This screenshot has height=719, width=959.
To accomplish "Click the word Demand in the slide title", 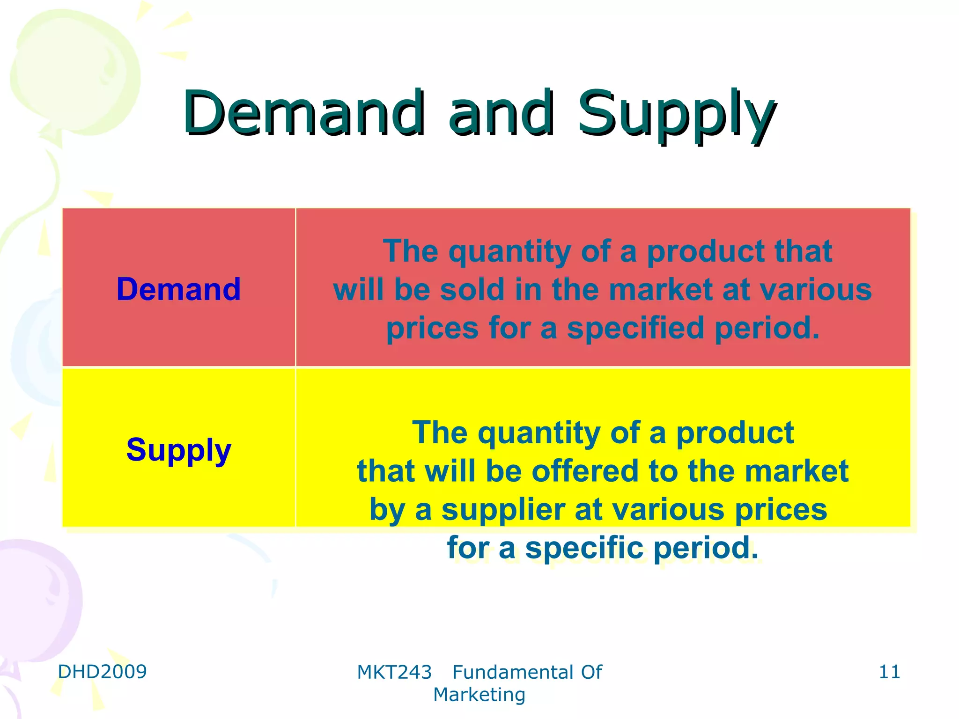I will click(303, 113).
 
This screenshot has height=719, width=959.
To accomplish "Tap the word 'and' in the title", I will click(501, 113).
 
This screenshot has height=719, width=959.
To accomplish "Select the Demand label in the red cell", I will click(178, 289).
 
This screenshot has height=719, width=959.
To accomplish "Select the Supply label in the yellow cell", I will click(178, 450).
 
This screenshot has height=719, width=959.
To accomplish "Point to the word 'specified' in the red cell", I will click(635, 328).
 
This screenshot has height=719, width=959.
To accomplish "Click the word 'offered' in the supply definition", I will click(585, 471).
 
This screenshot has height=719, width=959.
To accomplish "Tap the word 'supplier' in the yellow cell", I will click(503, 509).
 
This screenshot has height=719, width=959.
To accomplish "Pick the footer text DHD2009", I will click(102, 672).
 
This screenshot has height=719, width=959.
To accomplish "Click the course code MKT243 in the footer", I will click(394, 673).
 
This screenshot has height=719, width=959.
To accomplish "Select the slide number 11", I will click(889, 672).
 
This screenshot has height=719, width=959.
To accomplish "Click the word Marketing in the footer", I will click(479, 695).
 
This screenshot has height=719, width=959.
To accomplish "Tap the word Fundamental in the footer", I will click(513, 673).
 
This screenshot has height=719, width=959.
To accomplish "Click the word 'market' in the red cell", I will click(661, 289).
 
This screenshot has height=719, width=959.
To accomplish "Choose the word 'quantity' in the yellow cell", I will click(539, 433).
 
